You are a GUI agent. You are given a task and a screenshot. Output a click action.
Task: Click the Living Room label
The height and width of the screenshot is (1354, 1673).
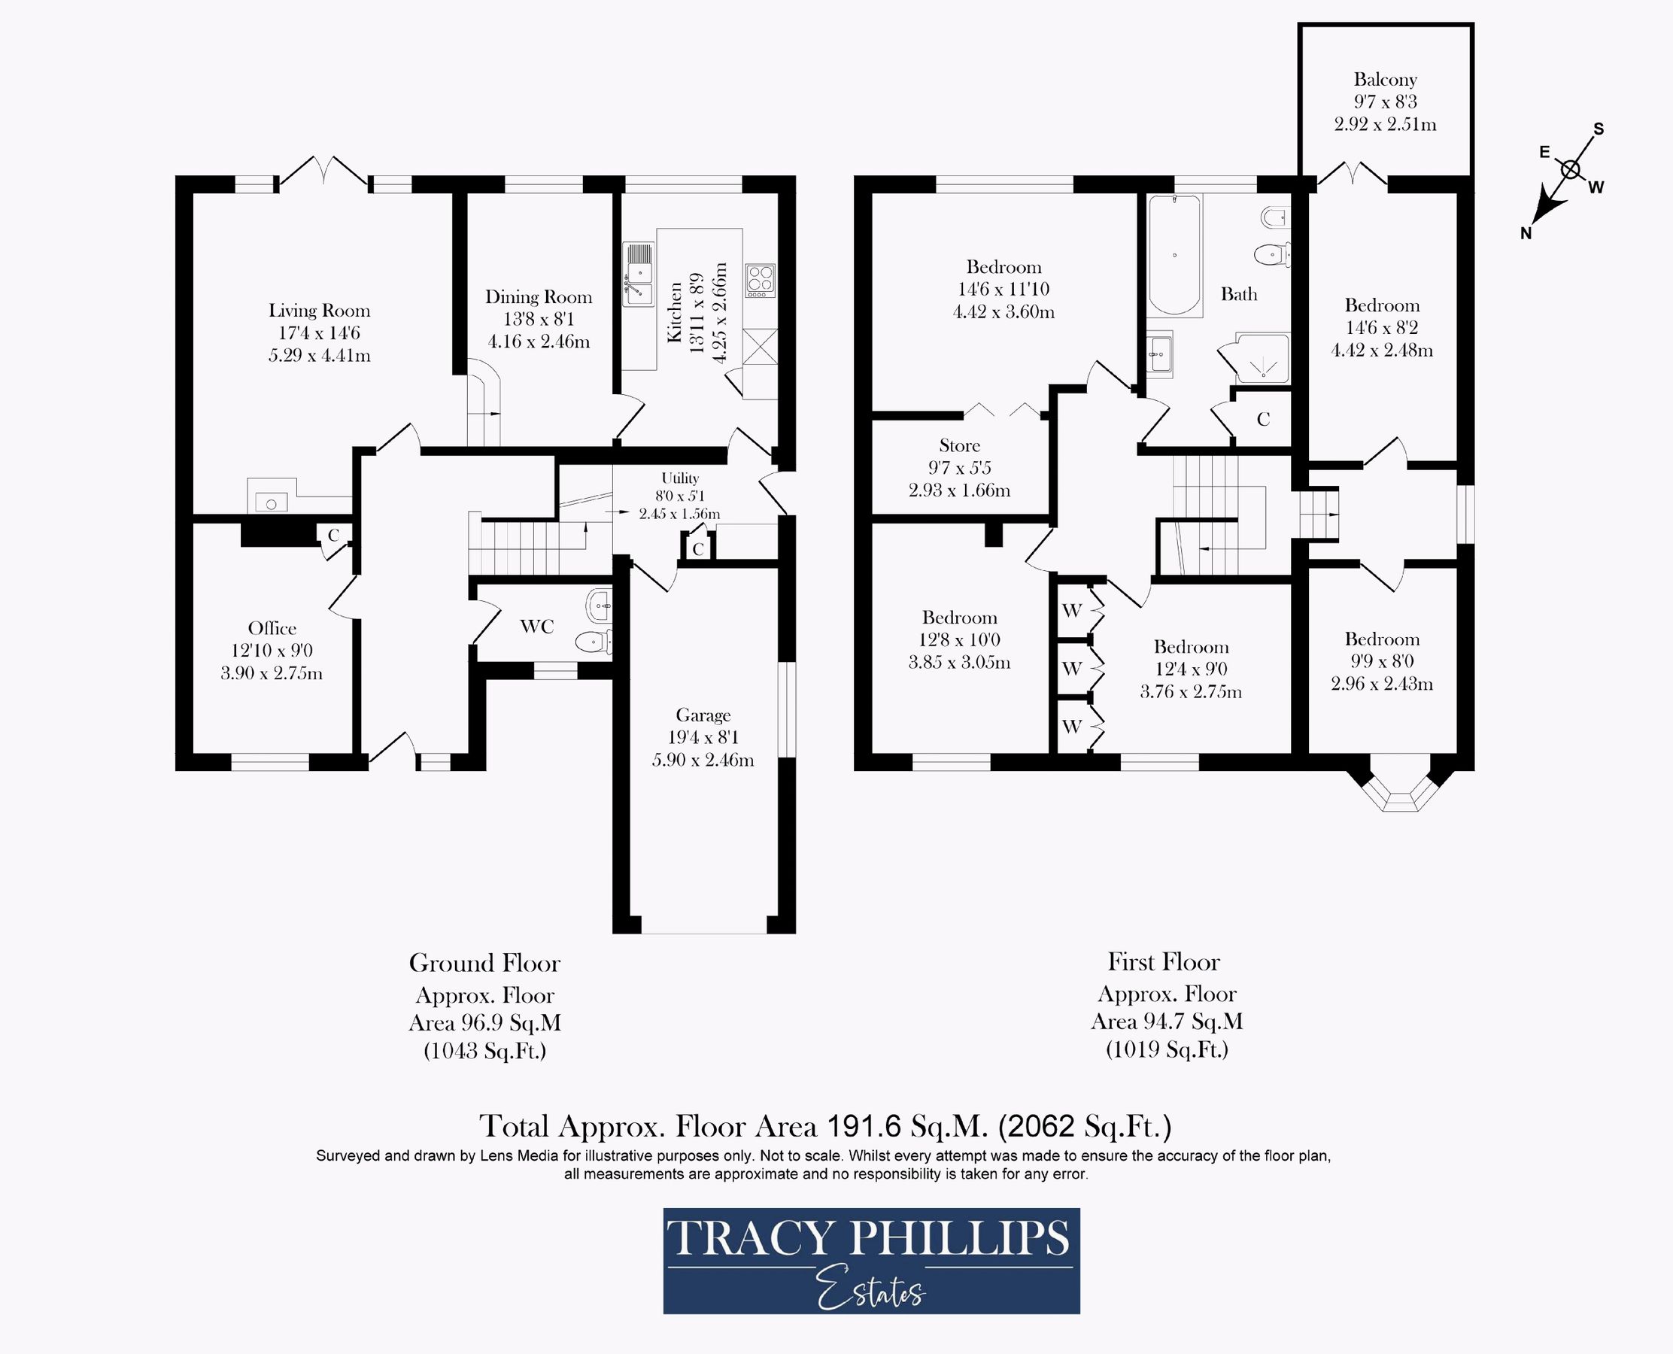(x=319, y=311)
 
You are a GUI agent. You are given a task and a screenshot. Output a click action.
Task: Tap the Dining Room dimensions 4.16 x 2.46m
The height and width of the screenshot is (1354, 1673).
(x=538, y=342)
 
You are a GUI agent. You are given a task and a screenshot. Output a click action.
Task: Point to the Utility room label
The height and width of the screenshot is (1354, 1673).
(x=680, y=478)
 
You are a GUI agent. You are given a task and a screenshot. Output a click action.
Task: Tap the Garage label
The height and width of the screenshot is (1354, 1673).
(x=703, y=715)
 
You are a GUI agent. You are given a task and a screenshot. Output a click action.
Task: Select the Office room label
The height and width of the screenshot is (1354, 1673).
(x=272, y=628)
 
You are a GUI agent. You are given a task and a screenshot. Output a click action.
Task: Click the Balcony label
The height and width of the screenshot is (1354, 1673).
(x=1385, y=80)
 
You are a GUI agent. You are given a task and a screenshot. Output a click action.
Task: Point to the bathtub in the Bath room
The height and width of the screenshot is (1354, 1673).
(x=1174, y=255)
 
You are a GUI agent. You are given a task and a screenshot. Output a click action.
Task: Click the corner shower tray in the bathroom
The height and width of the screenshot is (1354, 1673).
(x=1262, y=360)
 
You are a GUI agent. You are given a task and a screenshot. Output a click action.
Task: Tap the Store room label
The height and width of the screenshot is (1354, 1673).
(x=959, y=445)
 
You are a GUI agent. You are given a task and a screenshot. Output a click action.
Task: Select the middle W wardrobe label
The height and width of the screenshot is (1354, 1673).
(x=1072, y=669)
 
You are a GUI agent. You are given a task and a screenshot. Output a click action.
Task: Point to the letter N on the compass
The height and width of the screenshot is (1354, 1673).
(x=1526, y=233)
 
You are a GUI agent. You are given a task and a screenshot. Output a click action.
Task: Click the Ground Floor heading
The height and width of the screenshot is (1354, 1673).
(x=484, y=964)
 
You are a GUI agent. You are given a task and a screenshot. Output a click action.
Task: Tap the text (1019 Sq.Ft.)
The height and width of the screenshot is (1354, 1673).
(x=1167, y=1049)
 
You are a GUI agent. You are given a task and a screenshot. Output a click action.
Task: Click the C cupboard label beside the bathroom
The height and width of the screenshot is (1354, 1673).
(x=1263, y=420)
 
